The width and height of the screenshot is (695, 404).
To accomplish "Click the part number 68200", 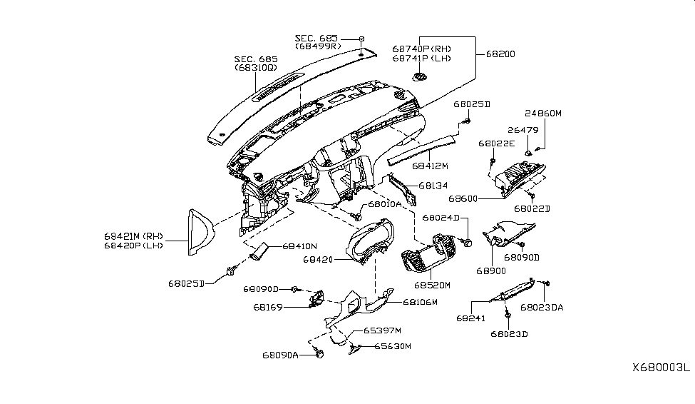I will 501,54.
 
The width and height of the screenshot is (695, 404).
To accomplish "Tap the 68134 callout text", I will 433,186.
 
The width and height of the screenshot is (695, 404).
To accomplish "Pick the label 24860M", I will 544,113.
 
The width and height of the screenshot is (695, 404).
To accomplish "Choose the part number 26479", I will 523,131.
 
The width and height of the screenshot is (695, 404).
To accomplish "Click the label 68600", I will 463,198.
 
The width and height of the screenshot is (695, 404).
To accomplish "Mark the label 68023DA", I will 542,308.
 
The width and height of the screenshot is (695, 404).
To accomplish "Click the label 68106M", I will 420,302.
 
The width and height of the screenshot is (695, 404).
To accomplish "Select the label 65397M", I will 383,330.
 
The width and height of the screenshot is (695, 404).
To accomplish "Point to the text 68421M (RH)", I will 133,235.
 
